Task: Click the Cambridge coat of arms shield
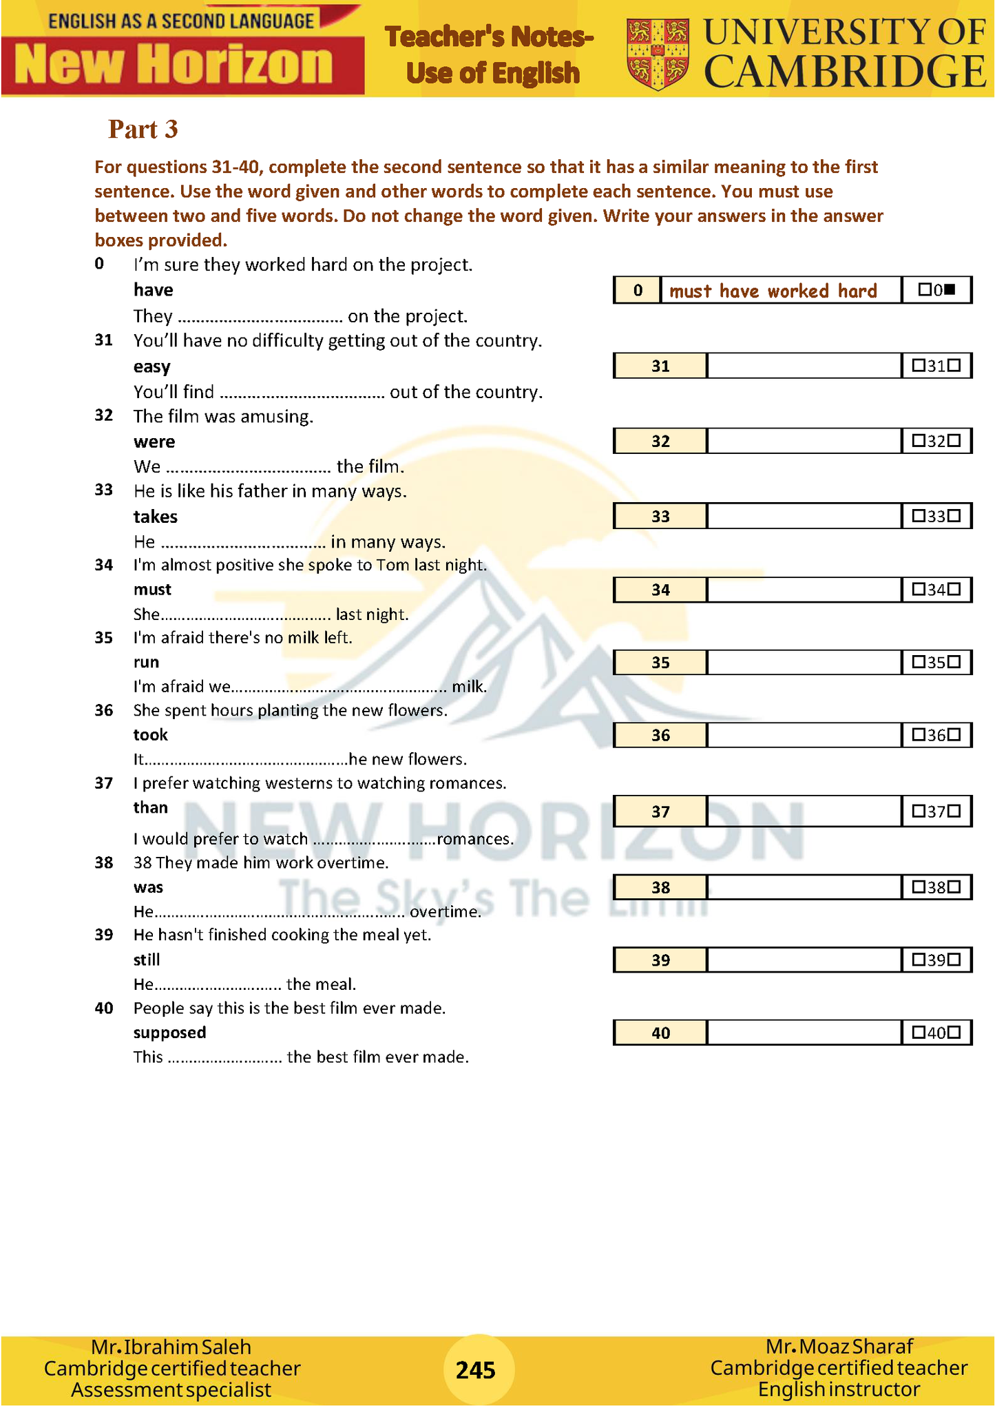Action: coord(658,54)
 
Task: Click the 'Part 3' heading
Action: coord(143,130)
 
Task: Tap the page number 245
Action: coord(476,1369)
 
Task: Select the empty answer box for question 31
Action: coord(804,366)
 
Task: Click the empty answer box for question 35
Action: coord(804,663)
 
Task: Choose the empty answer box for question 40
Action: coord(804,1033)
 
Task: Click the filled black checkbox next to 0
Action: coord(950,290)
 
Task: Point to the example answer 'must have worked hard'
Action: coord(773,291)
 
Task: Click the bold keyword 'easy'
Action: coord(151,366)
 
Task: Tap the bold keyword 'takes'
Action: coord(155,517)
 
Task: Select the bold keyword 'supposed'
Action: coord(169,1033)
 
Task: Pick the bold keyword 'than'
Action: coord(150,807)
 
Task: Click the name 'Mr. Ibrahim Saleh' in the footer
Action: coord(171,1347)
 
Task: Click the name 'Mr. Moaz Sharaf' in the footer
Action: coord(839,1346)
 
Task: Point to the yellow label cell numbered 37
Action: coord(660,811)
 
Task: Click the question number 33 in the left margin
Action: coord(104,490)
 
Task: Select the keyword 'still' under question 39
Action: coord(147,960)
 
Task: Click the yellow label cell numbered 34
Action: coord(660,590)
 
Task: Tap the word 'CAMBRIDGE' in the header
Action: coord(845,72)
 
